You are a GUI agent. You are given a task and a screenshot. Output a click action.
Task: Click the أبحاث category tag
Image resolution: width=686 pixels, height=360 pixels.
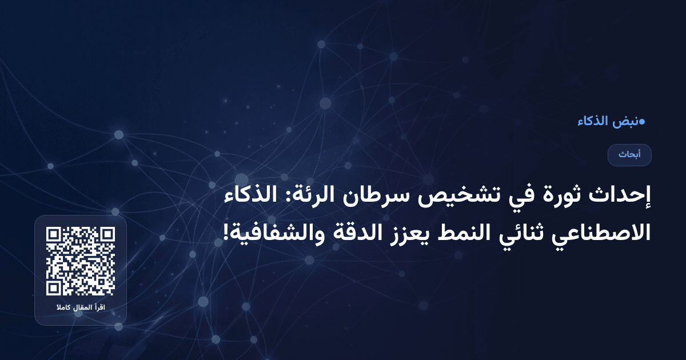[x=629, y=155]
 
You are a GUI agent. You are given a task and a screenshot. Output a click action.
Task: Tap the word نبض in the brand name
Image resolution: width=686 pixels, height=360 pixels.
[x=626, y=121]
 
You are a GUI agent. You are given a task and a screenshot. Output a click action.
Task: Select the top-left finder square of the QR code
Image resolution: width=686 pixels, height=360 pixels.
[x=54, y=235]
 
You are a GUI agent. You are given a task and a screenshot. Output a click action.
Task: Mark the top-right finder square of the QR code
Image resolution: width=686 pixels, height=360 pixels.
[x=107, y=235]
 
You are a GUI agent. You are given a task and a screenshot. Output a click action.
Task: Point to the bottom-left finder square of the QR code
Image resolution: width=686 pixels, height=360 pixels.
[x=54, y=287]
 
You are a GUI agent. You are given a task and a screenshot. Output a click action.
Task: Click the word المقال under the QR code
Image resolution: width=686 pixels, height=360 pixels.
[x=81, y=309]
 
